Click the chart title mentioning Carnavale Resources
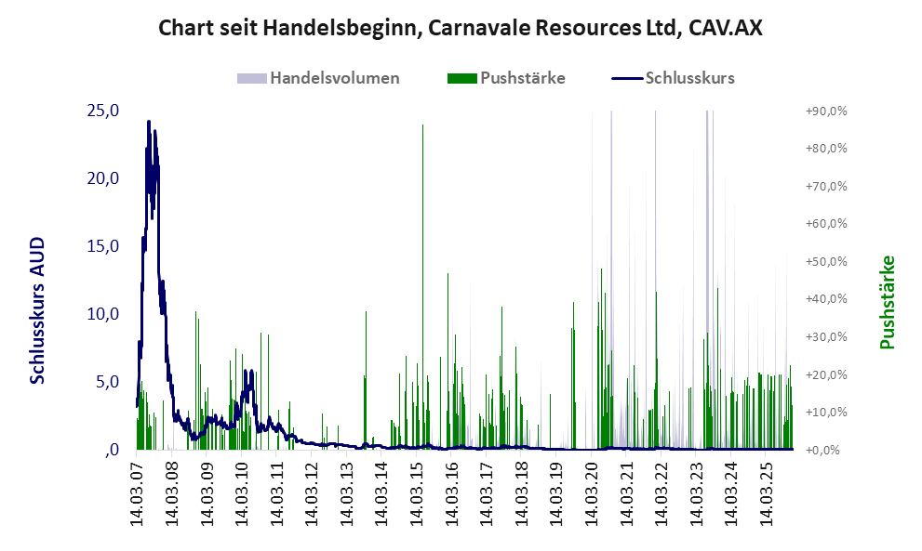tap(461, 28)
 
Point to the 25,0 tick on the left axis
tap(101, 111)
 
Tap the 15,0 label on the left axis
tap(101, 246)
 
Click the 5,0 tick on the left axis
tap(105, 382)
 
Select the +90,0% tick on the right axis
tap(825, 112)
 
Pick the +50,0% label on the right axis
tap(825, 262)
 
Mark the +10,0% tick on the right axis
tap(825, 413)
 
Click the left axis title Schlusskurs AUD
tap(38, 309)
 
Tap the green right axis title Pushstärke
tap(887, 303)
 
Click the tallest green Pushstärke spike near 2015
tap(423, 126)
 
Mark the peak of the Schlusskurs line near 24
tap(148, 122)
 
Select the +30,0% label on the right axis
tap(825, 337)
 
